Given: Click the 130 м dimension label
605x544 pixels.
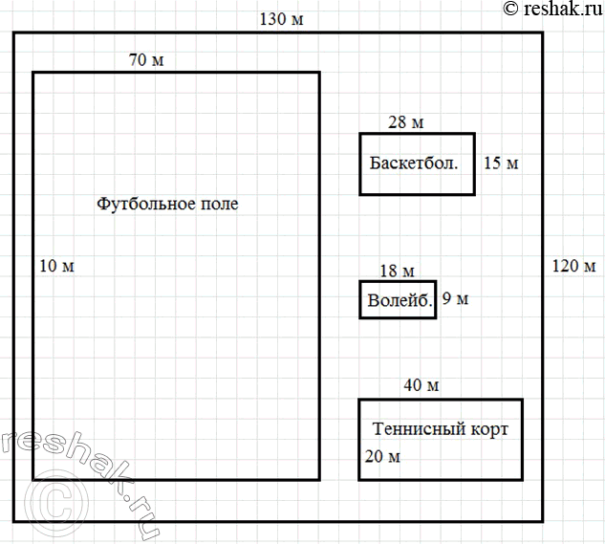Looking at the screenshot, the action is click(x=281, y=19).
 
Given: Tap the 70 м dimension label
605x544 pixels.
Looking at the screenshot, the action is click(x=146, y=60).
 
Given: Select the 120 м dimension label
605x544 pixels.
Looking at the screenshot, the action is click(x=573, y=266).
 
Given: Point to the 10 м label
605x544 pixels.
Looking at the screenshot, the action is click(x=56, y=266).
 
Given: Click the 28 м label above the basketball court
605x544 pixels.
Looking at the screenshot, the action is click(x=405, y=122).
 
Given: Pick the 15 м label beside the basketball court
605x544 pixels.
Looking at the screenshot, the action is click(x=501, y=163).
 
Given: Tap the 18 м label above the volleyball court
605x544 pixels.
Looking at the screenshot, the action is click(x=397, y=271).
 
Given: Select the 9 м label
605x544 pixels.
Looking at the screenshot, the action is click(x=455, y=298).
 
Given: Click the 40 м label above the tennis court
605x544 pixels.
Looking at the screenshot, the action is click(x=421, y=385).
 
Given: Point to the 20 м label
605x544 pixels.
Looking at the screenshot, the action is click(x=382, y=457).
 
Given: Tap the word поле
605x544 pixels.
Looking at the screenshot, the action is click(x=219, y=205).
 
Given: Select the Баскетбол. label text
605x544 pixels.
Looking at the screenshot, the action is click(x=414, y=163).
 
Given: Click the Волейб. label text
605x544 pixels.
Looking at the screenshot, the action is click(x=400, y=300).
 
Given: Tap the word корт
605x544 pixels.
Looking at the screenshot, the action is click(x=489, y=429).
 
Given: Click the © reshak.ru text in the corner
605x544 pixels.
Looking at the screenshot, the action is click(x=552, y=9).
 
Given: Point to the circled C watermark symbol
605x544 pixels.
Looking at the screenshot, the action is click(x=56, y=503).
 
